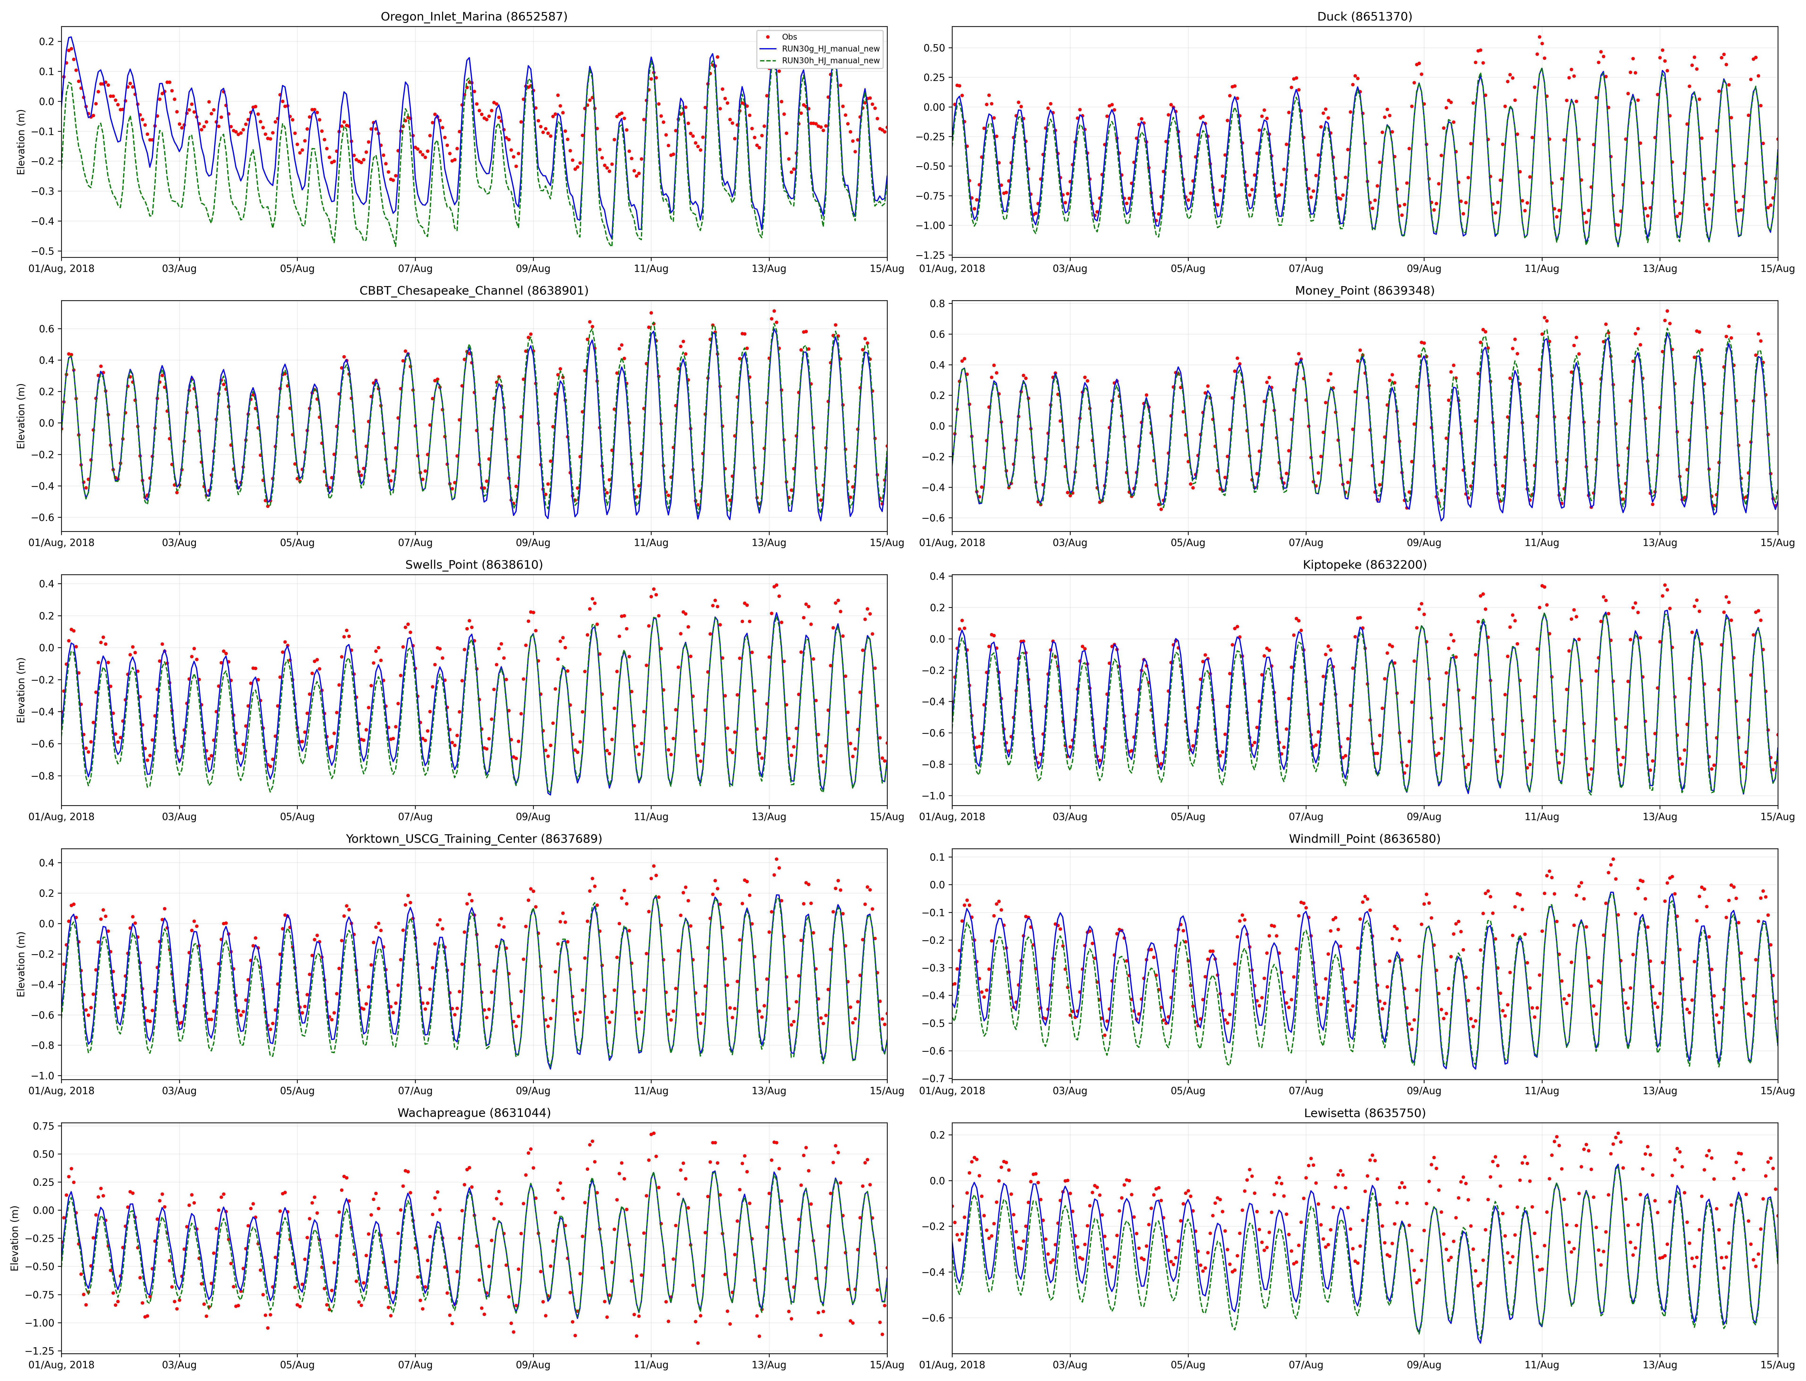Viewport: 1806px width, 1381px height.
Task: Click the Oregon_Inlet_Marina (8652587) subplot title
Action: pos(474,17)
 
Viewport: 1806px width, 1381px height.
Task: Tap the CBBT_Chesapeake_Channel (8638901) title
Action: pos(474,290)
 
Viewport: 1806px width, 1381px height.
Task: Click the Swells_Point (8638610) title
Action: pos(474,565)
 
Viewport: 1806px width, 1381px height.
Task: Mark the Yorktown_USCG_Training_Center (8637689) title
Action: pos(474,839)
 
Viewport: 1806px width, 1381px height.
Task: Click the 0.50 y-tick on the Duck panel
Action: pos(934,48)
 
